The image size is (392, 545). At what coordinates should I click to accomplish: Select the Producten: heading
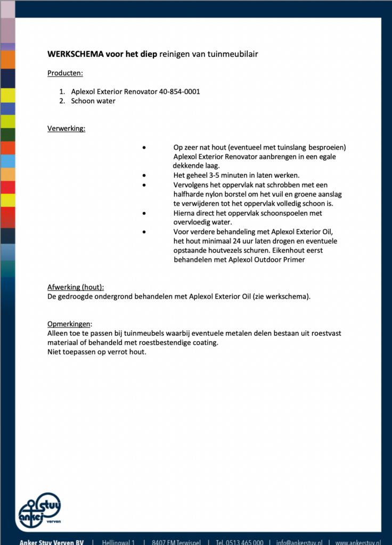coord(65,73)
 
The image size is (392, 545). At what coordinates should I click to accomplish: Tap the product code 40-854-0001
coord(179,92)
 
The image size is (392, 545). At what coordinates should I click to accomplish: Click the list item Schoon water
coord(93,101)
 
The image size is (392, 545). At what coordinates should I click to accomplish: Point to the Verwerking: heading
coord(66,128)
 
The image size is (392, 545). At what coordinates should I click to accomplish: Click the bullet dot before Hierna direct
coord(144,213)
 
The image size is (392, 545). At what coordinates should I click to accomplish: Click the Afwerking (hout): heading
coord(76,287)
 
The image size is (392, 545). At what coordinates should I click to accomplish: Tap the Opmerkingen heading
coord(69,324)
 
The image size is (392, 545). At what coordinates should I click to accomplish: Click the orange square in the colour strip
coord(7,60)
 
